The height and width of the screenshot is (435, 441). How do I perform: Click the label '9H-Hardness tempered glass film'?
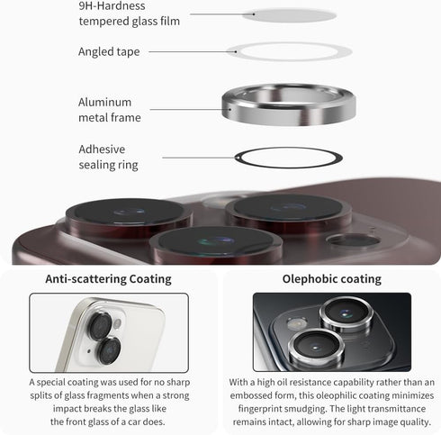click(130, 14)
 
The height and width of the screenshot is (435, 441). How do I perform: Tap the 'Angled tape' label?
click(109, 51)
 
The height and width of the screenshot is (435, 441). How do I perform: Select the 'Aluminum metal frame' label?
click(110, 110)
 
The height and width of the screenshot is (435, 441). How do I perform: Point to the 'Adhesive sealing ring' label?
click(108, 157)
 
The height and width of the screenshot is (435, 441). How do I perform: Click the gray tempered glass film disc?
click(289, 15)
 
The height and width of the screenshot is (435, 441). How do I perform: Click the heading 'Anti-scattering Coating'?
click(108, 279)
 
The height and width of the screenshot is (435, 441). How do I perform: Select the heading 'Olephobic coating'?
click(332, 279)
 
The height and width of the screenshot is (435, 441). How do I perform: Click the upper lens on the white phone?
click(100, 327)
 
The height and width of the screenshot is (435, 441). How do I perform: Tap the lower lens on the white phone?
click(109, 351)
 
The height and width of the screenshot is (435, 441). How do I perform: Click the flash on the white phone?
click(117, 323)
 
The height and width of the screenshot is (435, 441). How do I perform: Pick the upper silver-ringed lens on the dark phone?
click(346, 314)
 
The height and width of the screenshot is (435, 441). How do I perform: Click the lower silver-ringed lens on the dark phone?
click(315, 347)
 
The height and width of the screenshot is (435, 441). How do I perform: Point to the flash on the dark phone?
click(297, 323)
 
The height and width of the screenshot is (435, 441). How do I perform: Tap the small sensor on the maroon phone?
click(353, 240)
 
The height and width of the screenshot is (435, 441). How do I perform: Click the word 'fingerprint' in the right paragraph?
click(260, 409)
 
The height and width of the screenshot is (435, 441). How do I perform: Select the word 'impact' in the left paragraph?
click(67, 409)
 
